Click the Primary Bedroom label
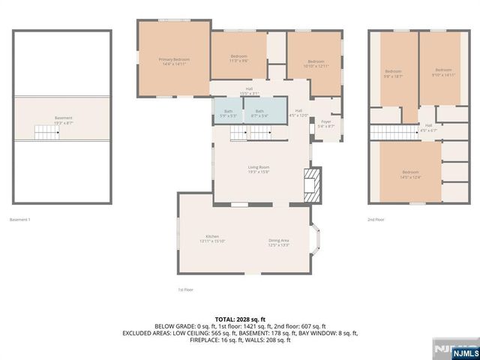pyautogui.click(x=173, y=61)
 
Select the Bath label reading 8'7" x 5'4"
pyautogui.click(x=259, y=113)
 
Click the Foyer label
pyautogui.click(x=325, y=124)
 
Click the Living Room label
pyautogui.click(x=259, y=169)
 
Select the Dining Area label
pyautogui.click(x=279, y=242)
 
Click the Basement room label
pyautogui.click(x=63, y=120)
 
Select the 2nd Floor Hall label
pyautogui.click(x=428, y=127)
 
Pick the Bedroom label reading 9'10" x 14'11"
pyautogui.click(x=443, y=72)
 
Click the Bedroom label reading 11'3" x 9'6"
pyautogui.click(x=238, y=59)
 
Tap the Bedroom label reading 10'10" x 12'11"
pyautogui.click(x=316, y=64)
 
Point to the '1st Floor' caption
pyautogui.click(x=185, y=289)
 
